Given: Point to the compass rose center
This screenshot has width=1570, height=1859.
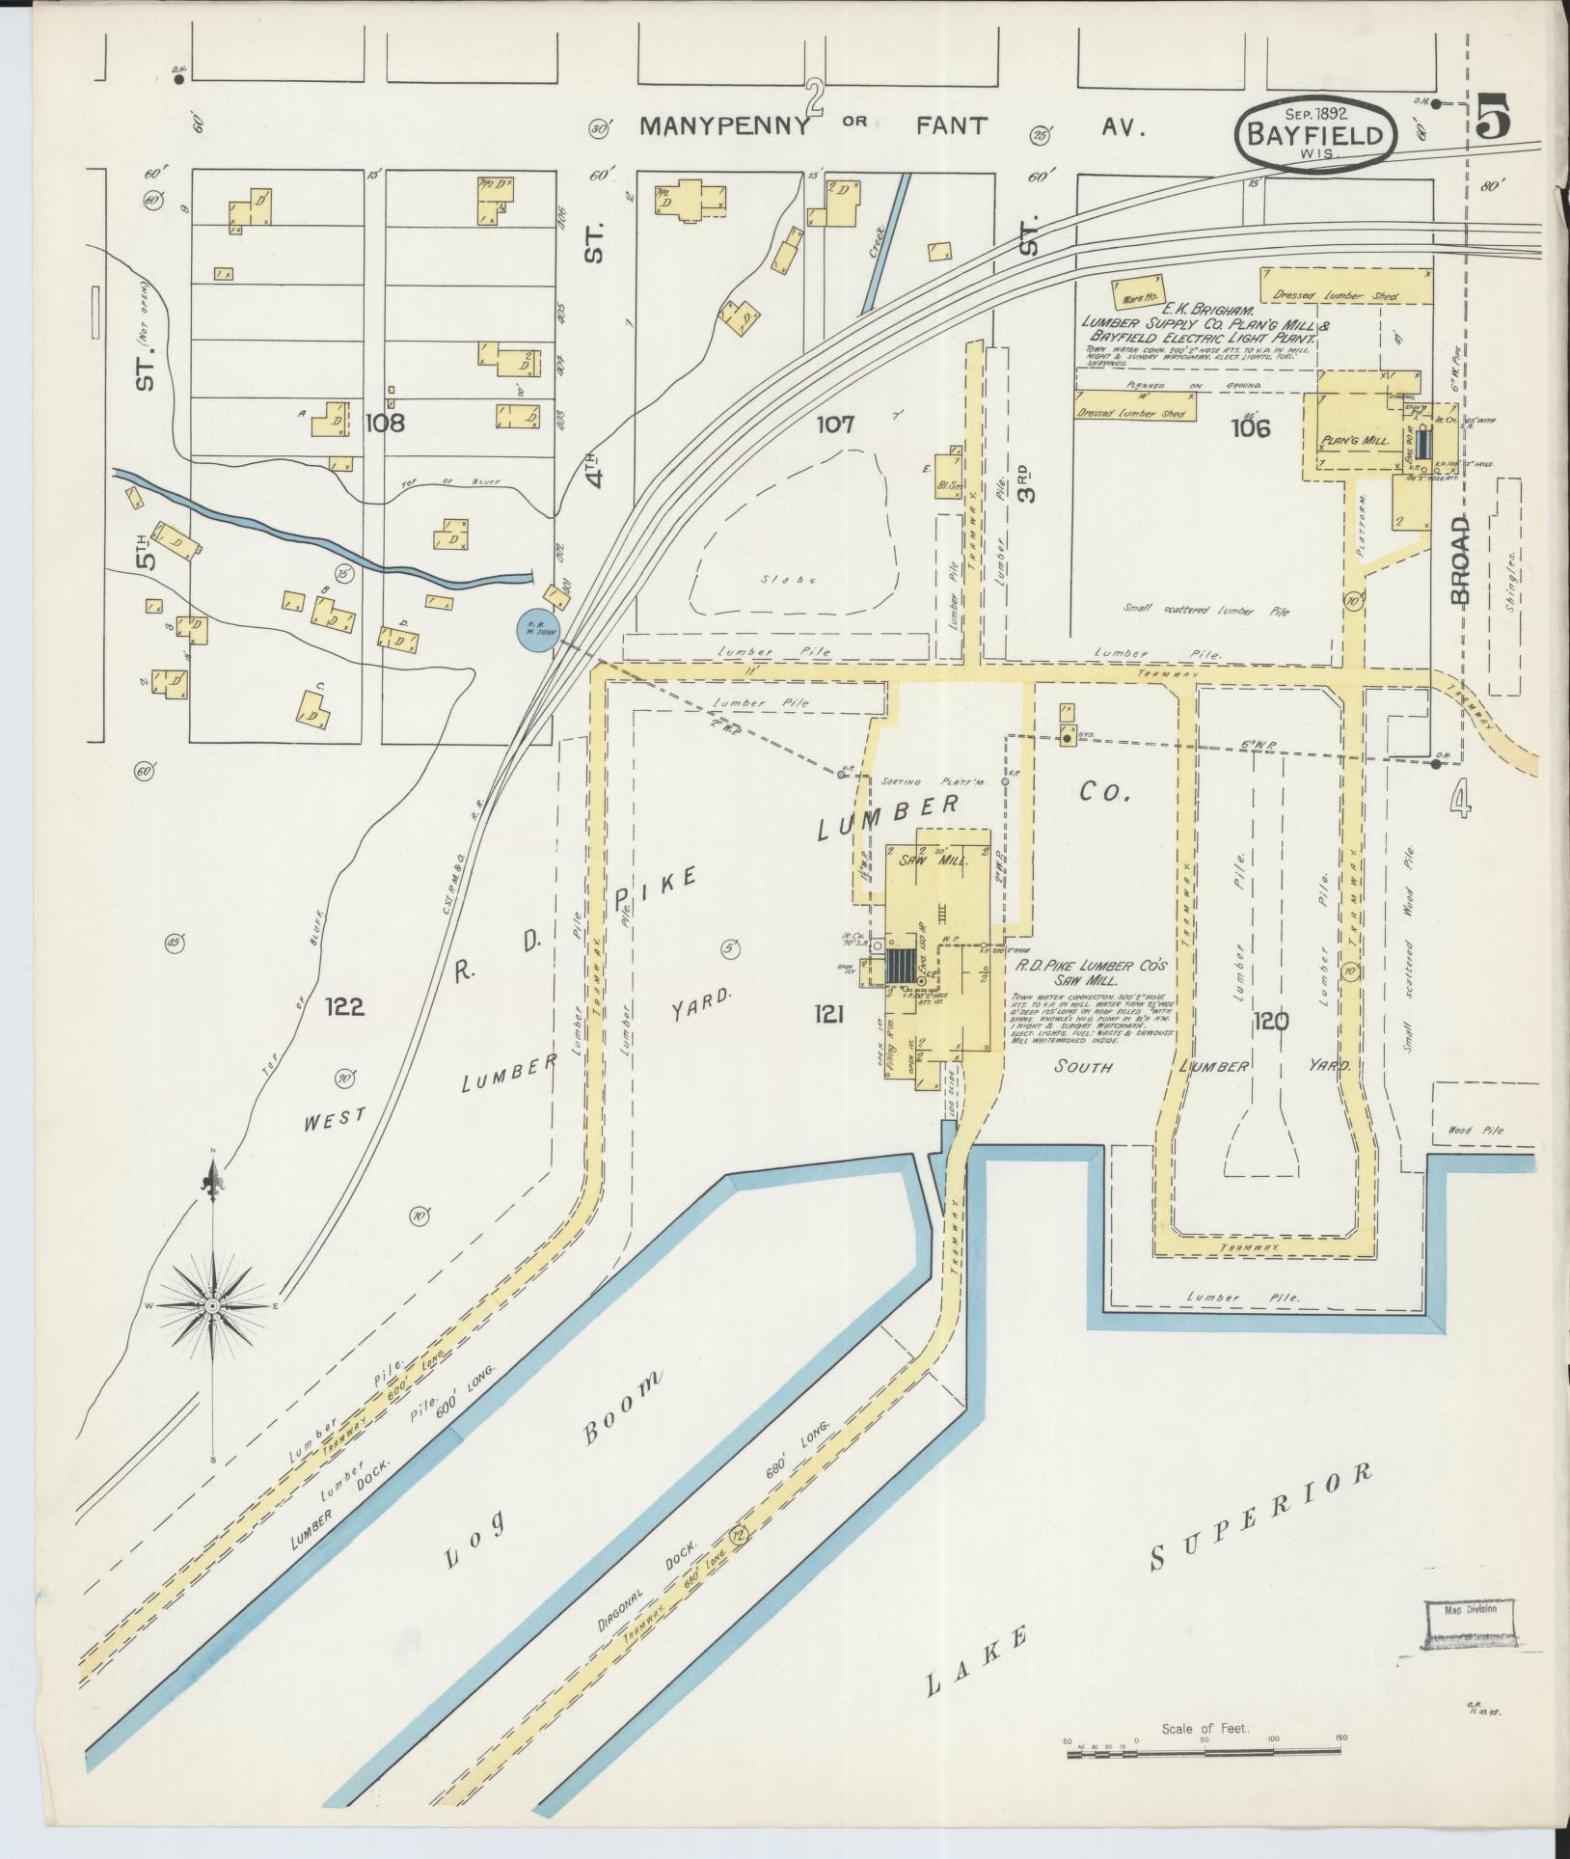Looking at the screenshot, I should tap(212, 1305).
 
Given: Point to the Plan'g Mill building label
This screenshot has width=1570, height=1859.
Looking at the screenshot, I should tap(1354, 440).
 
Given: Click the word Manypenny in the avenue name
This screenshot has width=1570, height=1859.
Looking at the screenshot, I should tap(724, 126).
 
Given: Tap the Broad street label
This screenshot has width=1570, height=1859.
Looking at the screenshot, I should tap(1460, 560).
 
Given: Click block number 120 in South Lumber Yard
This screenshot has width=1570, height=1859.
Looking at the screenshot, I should tap(1270, 1021).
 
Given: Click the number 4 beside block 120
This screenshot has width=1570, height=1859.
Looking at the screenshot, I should tap(1461, 800).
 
